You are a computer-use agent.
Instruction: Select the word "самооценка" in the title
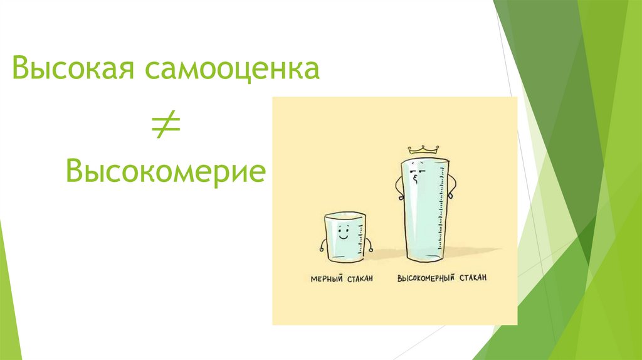click(x=233, y=68)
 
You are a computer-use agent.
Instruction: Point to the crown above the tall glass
click(x=421, y=149)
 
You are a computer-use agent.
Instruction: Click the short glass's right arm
click(x=369, y=245)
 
